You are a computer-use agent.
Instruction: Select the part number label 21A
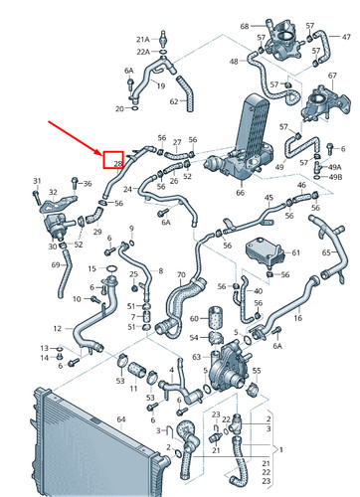click(x=143, y=39)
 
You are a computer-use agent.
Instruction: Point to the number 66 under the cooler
click(x=240, y=192)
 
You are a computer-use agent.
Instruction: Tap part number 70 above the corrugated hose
click(x=180, y=275)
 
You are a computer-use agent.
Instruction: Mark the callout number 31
click(x=37, y=180)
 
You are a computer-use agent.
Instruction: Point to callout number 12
click(x=57, y=327)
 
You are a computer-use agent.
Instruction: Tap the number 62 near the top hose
click(x=173, y=100)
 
